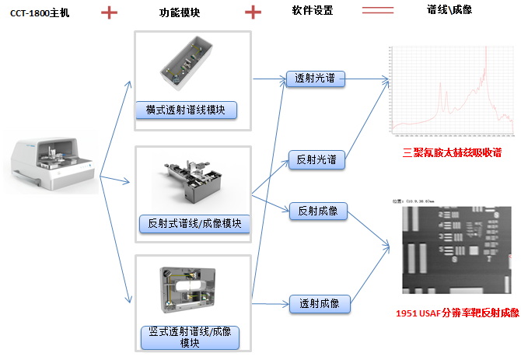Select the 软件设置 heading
316,12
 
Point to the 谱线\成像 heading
449,10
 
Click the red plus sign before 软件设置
253,12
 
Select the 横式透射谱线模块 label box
187,110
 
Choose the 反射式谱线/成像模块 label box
194,224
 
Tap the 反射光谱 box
316,159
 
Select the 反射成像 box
317,210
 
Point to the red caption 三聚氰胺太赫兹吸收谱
452,153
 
